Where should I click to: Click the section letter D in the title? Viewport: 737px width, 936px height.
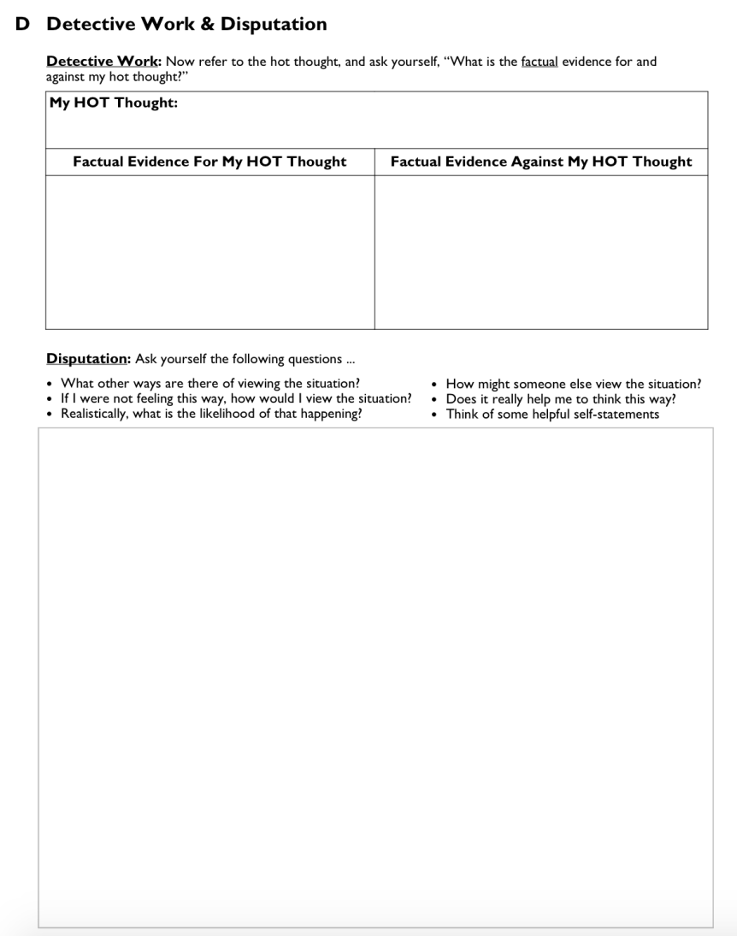click(23, 24)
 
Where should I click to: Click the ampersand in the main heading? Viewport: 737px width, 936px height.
click(208, 24)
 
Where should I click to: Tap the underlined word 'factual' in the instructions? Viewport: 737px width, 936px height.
click(539, 62)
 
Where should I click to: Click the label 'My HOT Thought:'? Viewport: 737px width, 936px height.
click(114, 103)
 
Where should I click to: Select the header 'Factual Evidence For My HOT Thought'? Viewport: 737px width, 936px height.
click(209, 162)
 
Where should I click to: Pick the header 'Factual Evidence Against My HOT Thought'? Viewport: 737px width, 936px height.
click(540, 162)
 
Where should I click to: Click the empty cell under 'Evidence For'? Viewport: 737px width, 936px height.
click(209, 252)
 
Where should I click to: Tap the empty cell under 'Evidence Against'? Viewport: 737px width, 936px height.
click(540, 252)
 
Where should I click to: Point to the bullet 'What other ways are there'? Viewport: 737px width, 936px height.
click(209, 383)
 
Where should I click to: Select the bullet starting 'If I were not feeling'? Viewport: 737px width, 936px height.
click(235, 398)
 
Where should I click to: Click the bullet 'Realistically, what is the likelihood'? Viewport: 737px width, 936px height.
click(210, 414)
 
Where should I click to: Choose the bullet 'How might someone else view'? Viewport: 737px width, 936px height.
click(573, 384)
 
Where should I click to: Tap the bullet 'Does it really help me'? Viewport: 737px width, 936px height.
click(560, 398)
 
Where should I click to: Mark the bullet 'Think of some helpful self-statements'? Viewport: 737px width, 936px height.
click(552, 414)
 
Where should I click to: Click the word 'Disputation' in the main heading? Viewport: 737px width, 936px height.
click(274, 24)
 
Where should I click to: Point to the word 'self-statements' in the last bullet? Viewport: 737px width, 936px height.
click(616, 414)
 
